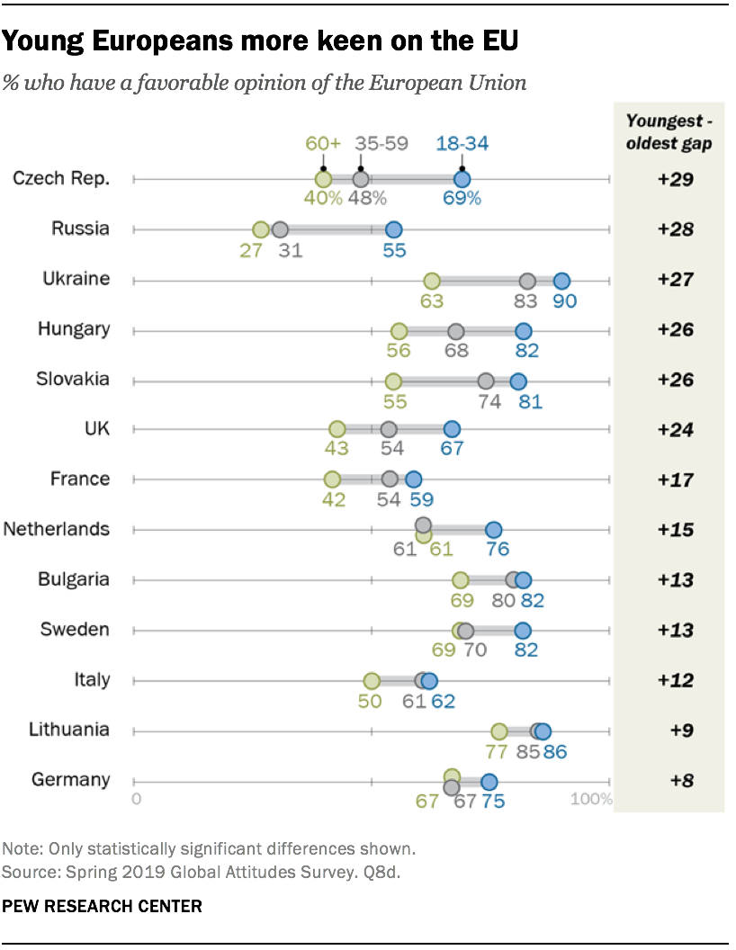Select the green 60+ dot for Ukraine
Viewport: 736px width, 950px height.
click(432, 281)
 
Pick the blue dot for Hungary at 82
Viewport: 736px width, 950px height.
click(524, 331)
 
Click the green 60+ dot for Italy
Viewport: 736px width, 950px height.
click(372, 681)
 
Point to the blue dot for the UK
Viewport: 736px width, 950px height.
click(452, 430)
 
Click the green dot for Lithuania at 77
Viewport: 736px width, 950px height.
click(499, 731)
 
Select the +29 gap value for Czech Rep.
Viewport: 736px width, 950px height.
click(675, 179)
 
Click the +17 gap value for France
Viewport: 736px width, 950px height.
click(675, 479)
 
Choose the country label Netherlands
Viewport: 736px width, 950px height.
click(57, 529)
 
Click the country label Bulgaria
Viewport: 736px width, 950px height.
click(74, 579)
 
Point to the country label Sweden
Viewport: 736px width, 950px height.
click(76, 630)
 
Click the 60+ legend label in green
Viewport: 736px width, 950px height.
click(323, 143)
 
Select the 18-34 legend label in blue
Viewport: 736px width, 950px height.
click(462, 143)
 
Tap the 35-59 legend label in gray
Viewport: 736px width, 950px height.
click(381, 143)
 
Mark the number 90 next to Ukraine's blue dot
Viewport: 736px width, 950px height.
click(564, 301)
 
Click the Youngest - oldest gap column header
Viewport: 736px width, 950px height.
click(669, 132)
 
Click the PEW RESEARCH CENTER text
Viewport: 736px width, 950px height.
click(103, 906)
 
